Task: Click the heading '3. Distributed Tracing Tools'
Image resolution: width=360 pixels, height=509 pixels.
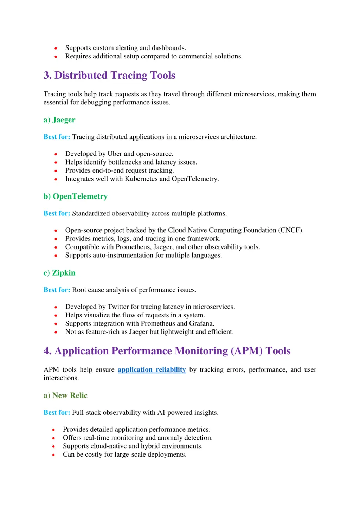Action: click(x=109, y=75)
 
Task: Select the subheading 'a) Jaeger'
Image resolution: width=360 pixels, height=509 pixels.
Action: click(x=59, y=120)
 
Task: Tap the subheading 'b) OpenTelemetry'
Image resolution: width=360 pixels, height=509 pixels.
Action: click(x=75, y=196)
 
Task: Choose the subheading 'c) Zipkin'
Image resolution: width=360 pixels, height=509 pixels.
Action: click(x=59, y=273)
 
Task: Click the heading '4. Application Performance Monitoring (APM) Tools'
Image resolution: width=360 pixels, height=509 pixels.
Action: click(x=167, y=351)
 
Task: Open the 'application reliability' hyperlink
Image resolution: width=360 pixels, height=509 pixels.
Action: click(x=152, y=369)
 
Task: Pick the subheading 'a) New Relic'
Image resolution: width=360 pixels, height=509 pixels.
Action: click(x=65, y=395)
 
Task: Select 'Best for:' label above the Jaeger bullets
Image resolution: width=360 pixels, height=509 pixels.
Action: click(x=57, y=137)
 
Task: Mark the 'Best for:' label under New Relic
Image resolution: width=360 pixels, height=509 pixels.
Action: click(x=57, y=412)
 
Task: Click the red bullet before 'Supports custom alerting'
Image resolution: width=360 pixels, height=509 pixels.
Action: click(x=56, y=48)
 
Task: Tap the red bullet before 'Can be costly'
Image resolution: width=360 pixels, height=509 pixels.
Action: click(x=53, y=455)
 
